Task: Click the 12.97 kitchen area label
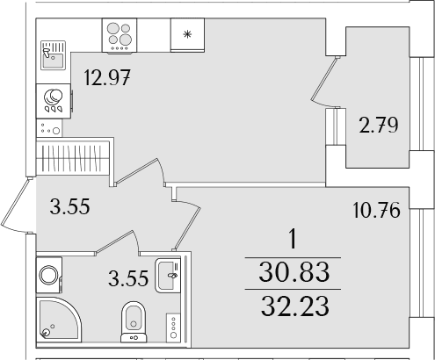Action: pos(106,78)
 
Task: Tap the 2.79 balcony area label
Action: pos(379,125)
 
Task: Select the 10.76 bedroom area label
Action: pos(376,210)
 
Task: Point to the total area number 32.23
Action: pos(295,306)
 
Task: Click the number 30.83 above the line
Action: pos(294,272)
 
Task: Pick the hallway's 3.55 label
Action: pos(69,206)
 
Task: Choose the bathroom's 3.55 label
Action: pos(128,278)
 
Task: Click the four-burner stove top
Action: pos(120,36)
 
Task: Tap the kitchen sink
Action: pos(53,55)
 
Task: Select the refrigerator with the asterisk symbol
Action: pos(187,35)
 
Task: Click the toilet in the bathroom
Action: pos(134,322)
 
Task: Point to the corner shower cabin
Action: pos(59,320)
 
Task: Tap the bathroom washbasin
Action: pos(167,275)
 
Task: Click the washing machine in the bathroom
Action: pos(49,275)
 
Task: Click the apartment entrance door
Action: pos(15,205)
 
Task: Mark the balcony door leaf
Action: pos(323,80)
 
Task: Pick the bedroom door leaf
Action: pos(188,225)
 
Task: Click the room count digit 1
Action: pos(293,240)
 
